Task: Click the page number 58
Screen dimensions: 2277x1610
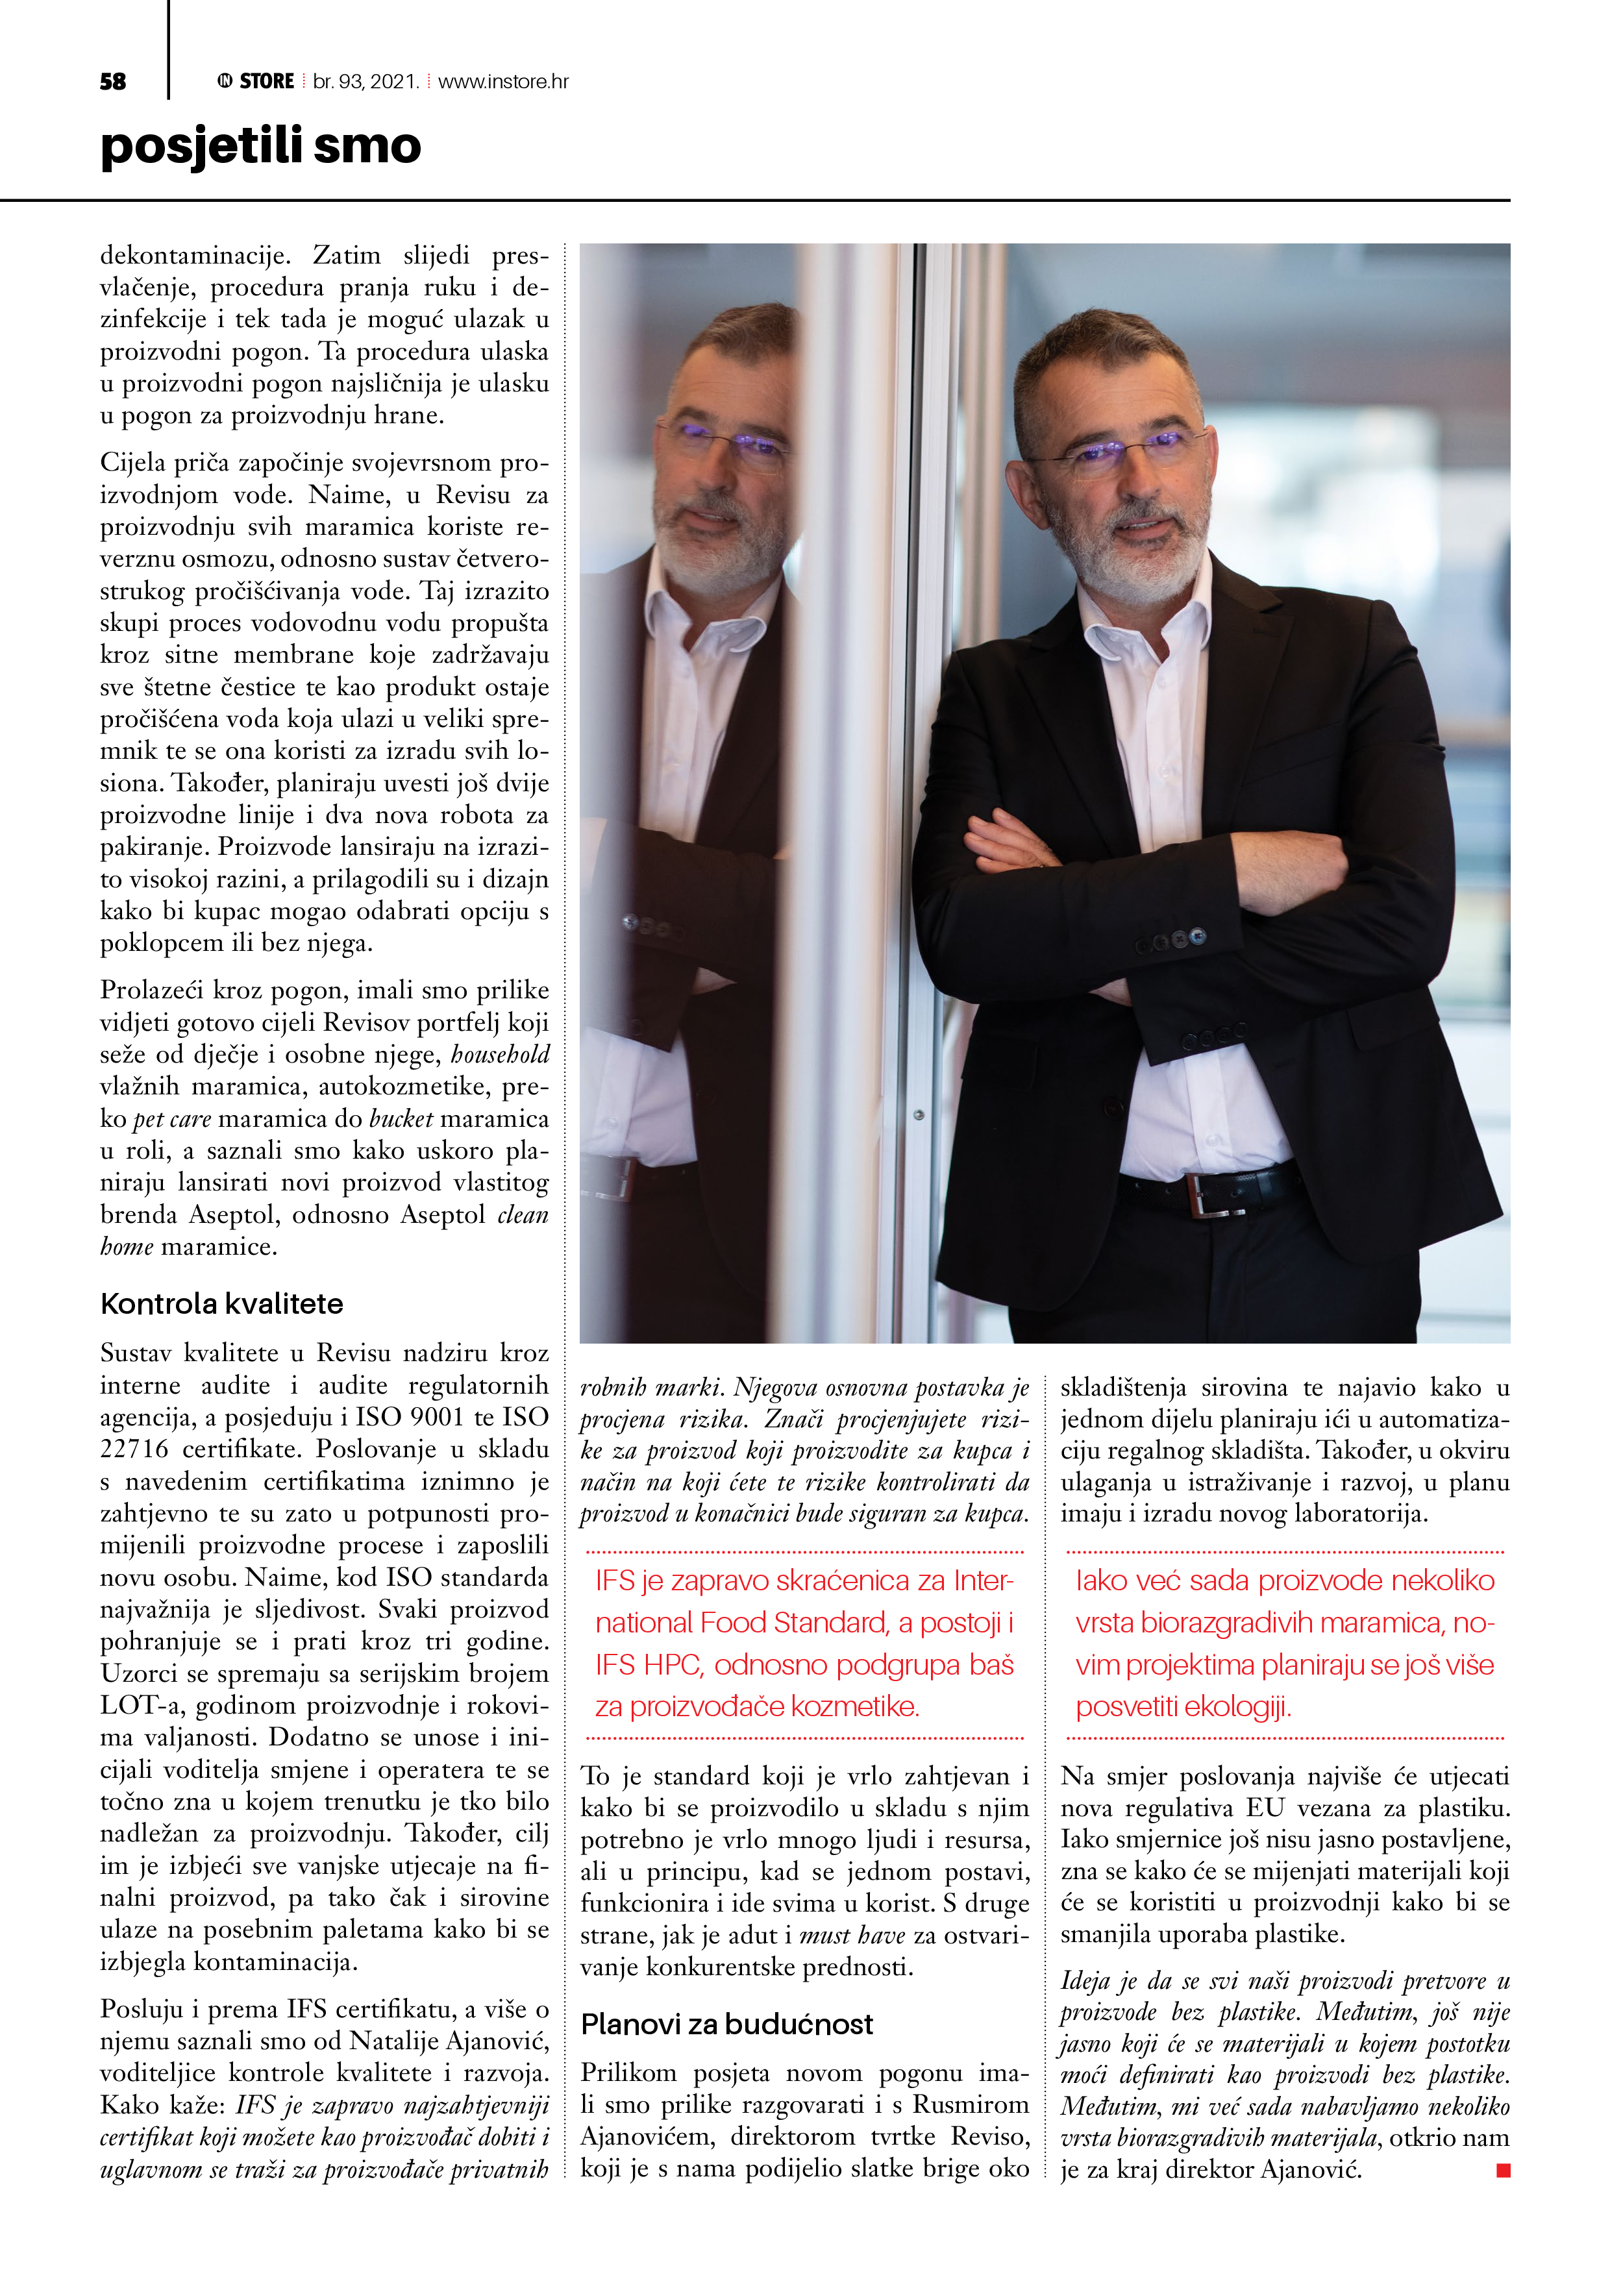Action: point(113,81)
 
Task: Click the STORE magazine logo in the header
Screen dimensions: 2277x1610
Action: point(256,81)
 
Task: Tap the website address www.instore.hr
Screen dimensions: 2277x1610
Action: point(503,81)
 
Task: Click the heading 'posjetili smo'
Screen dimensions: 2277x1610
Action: point(261,146)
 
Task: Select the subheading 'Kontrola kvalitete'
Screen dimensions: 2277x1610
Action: point(221,1303)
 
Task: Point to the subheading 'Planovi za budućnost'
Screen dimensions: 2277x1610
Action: point(726,2024)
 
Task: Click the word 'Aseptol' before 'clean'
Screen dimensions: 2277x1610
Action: point(443,1215)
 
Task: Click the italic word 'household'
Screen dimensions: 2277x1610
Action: point(500,1054)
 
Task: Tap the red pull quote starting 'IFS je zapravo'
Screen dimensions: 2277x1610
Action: point(804,1643)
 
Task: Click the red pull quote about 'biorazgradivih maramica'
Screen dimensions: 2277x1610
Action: point(1285,1643)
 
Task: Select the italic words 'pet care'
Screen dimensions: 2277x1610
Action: point(171,1118)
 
